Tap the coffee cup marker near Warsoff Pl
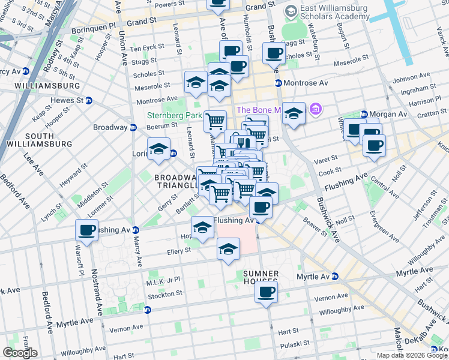[x=87, y=230]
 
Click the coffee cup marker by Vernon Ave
[x=266, y=292]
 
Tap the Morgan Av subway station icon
[x=364, y=115]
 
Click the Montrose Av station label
[x=302, y=83]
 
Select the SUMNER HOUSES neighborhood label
[x=261, y=277]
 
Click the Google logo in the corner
[x=20, y=353]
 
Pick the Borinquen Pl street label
[x=95, y=27]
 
